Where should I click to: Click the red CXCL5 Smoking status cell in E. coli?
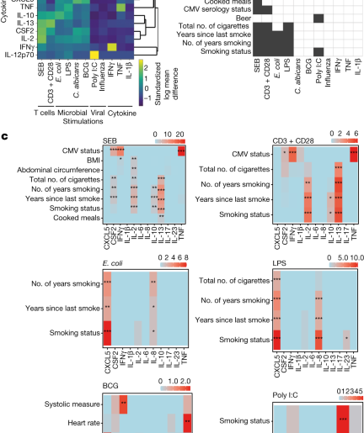click(107, 334)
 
